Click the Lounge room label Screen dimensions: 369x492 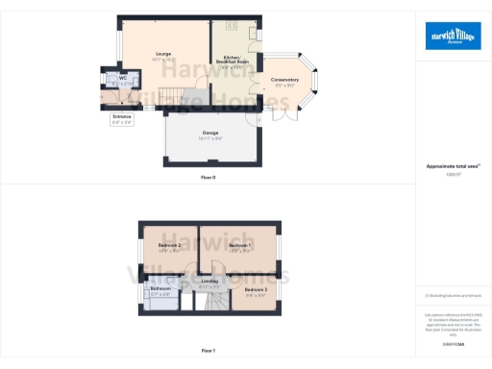click(161, 55)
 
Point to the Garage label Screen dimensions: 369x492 click(210, 133)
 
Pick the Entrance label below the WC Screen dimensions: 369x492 click(121, 116)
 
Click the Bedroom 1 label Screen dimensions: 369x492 click(239, 246)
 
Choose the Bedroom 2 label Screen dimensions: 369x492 click(169, 246)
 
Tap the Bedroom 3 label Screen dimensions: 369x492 click(256, 289)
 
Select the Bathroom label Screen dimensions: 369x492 click(160, 288)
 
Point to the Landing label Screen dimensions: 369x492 click(209, 281)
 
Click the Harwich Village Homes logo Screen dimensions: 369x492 click(454, 37)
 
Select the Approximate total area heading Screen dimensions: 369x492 click(453, 166)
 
